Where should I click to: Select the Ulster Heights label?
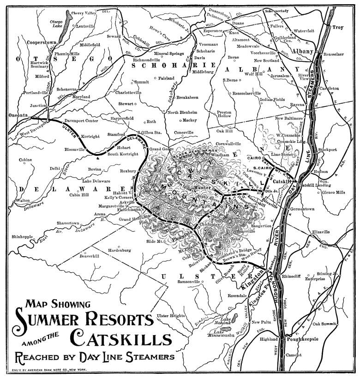pos(171,316)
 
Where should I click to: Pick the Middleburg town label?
pos(204,72)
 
